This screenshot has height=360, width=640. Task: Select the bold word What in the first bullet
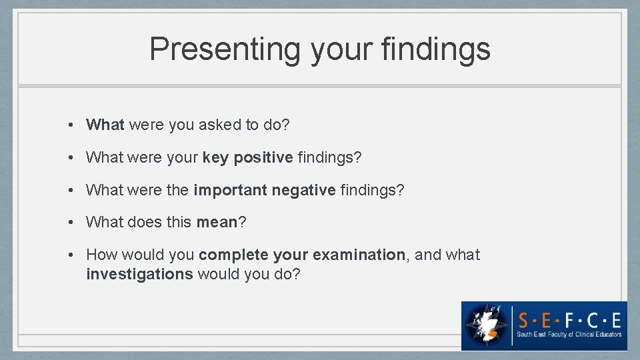(105, 125)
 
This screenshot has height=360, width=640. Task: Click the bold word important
(230, 190)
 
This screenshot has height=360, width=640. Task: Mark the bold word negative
(303, 190)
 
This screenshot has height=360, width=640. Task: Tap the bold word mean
(217, 222)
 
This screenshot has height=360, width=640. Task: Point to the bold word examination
(359, 255)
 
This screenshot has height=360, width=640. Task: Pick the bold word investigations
(139, 273)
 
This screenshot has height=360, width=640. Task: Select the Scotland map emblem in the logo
(487, 325)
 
